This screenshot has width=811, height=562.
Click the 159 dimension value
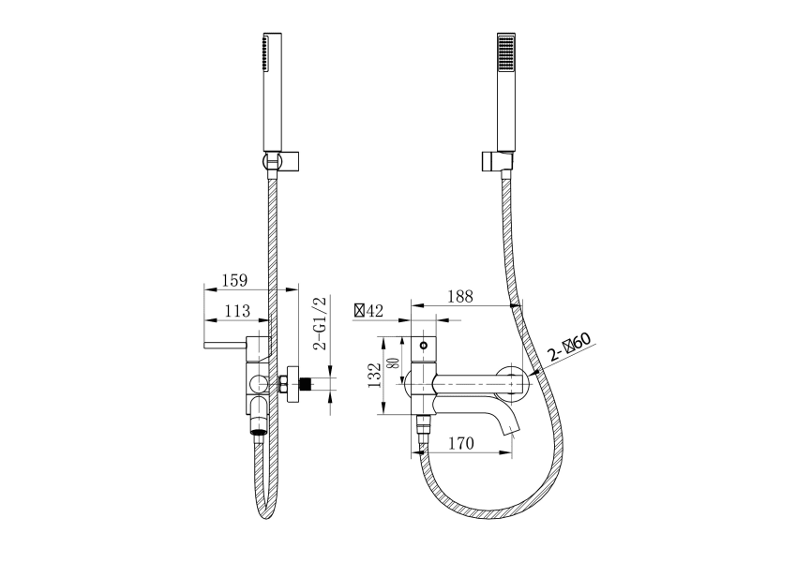click(234, 280)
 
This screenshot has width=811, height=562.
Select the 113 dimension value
click(237, 311)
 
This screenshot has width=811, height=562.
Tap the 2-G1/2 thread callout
click(321, 324)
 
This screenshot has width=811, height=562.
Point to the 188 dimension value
click(459, 297)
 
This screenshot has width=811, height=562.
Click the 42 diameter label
click(368, 310)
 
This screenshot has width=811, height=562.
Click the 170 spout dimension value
click(460, 443)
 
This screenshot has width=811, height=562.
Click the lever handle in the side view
click(226, 346)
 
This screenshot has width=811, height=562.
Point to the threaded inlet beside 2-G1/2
click(308, 384)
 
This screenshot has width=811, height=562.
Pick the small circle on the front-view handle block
click(424, 345)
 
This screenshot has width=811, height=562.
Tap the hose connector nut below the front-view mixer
click(423, 427)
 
